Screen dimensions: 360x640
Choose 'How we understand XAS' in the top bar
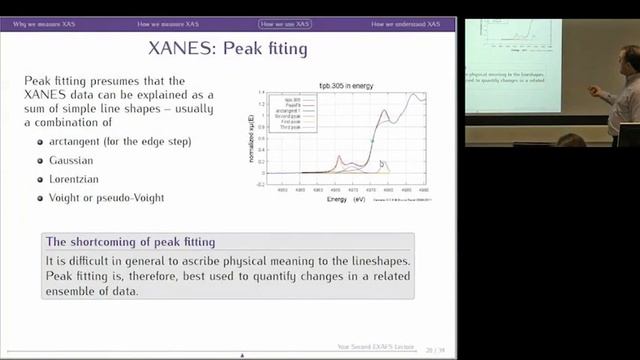406,22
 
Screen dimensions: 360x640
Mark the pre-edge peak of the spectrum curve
339,158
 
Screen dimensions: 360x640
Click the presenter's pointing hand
591,91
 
